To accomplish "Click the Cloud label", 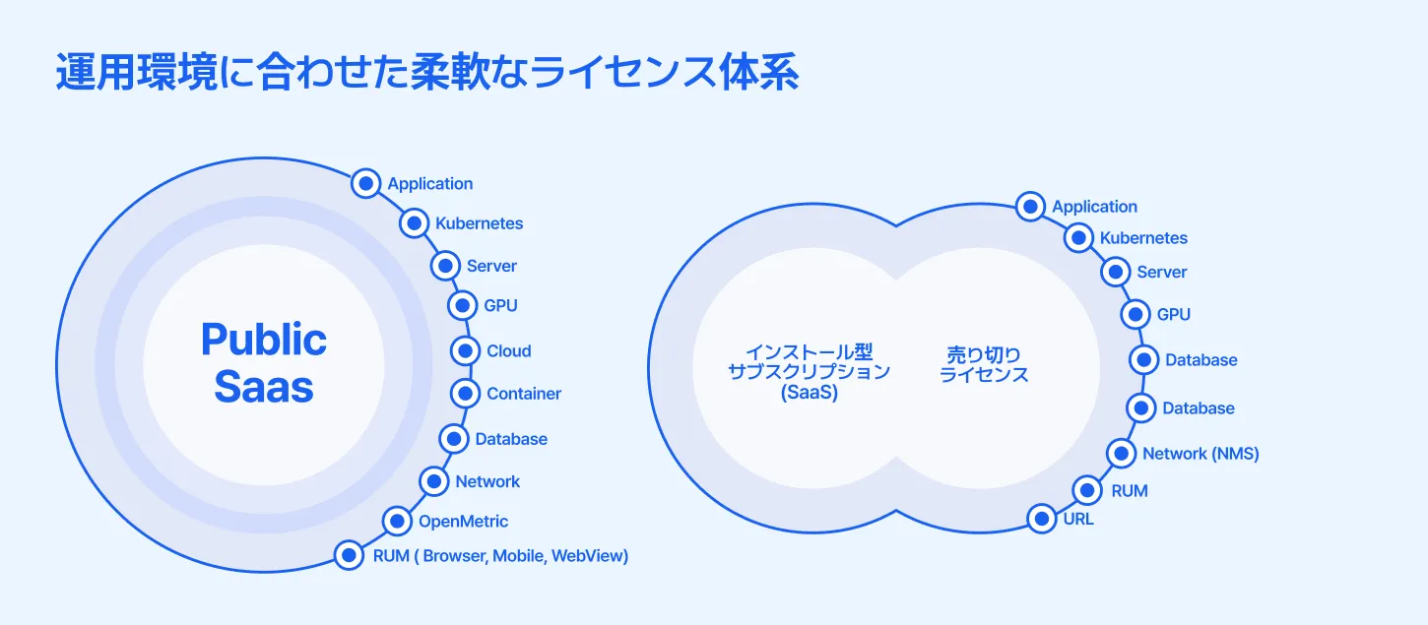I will [508, 351].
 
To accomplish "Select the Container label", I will [523, 394].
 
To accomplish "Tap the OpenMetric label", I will [463, 521].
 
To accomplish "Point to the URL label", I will [1077, 519].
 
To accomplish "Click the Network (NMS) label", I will [1200, 454].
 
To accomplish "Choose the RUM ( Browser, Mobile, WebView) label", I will [500, 556].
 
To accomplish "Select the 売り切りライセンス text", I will [984, 364].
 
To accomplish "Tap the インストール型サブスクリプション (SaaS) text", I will [809, 372].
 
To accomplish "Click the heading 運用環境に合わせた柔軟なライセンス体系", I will [426, 75].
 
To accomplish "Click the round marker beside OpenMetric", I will [397, 521].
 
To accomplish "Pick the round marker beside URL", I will [1041, 518].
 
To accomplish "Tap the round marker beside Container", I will [466, 394].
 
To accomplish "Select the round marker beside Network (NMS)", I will [1122, 454].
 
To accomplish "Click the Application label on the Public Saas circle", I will [429, 184].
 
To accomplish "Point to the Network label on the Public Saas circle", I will [487, 481].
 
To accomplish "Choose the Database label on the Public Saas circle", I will [511, 439].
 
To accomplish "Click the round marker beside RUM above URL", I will [1087, 489].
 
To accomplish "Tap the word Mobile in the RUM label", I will [518, 556].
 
